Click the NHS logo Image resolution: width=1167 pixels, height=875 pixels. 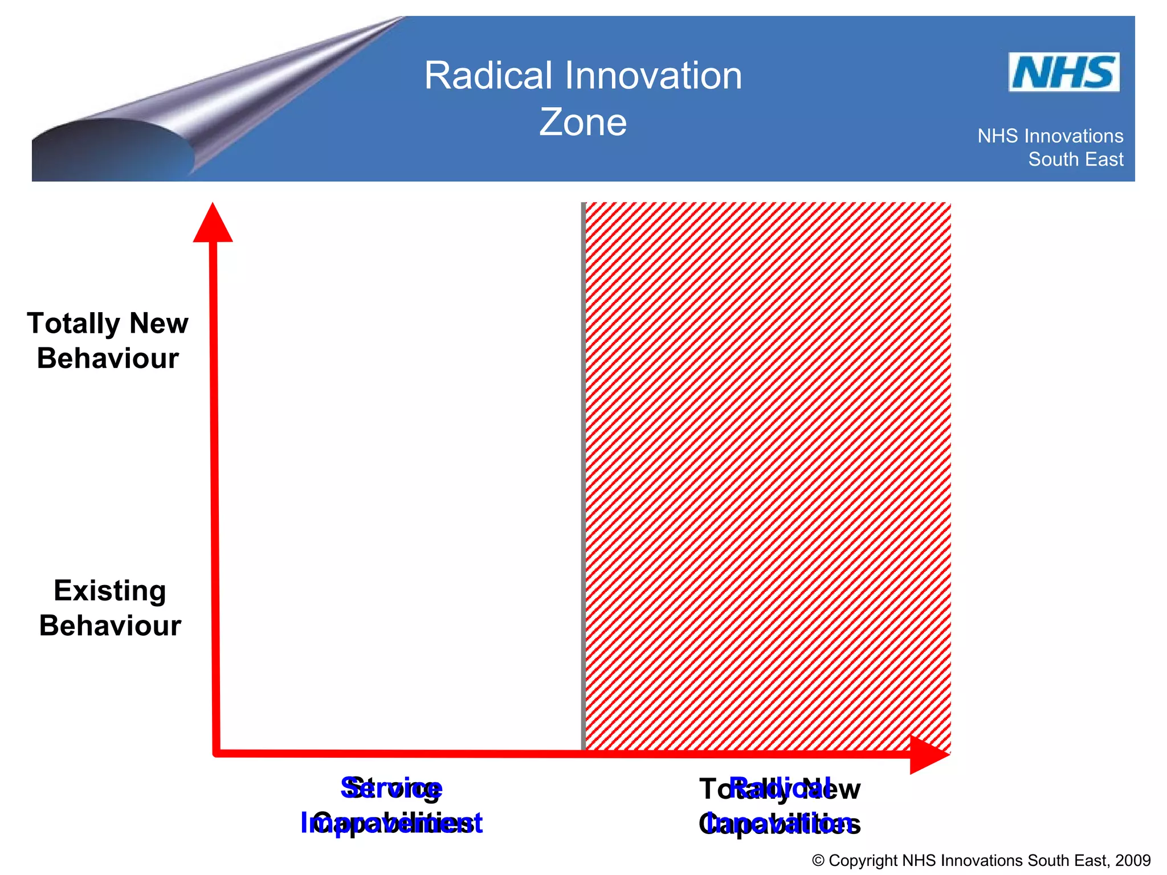[1063, 72]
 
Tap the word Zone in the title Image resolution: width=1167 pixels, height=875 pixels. [582, 122]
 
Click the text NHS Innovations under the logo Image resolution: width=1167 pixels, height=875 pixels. [1050, 136]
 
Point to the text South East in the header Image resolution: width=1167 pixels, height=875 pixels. [1075, 160]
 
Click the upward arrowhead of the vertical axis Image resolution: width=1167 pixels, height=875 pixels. [213, 223]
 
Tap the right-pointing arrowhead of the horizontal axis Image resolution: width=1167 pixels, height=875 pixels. [928, 754]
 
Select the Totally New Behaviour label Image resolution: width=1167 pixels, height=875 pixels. [108, 341]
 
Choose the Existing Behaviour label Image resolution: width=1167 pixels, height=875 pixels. [110, 608]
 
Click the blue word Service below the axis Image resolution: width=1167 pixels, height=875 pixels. [391, 788]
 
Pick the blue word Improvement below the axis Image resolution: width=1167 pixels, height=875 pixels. [391, 823]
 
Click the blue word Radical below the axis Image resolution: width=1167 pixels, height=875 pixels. [779, 788]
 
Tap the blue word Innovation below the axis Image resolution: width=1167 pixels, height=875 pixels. [779, 823]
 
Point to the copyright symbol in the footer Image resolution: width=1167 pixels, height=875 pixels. [818, 861]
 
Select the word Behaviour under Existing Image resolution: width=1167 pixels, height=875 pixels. [110, 625]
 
